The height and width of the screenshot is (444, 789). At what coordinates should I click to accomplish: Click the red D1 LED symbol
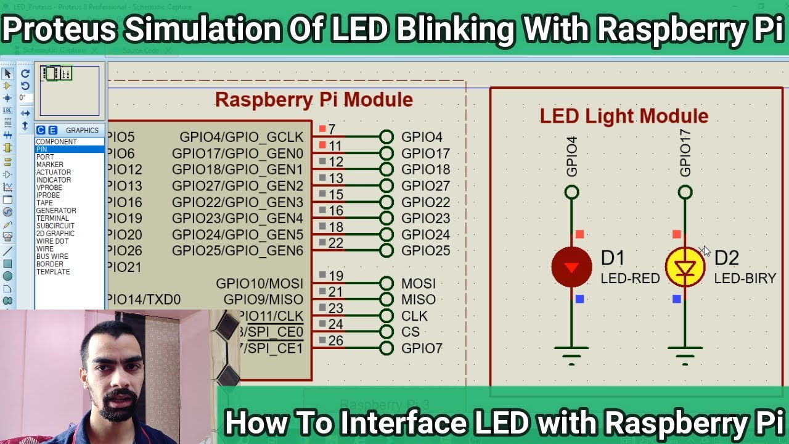571,267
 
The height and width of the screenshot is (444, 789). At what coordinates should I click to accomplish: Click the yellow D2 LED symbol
685,267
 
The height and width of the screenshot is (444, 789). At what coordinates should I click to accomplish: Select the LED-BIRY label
745,278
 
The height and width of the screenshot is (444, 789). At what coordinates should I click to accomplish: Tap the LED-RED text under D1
630,278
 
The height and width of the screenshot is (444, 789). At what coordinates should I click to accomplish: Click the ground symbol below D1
571,353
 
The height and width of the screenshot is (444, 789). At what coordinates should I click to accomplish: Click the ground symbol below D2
685,353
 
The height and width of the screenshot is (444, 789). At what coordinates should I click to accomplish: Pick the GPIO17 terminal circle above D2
685,193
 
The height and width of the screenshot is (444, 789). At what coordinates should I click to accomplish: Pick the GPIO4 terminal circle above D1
571,193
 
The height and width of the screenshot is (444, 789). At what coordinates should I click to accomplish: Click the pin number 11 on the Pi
335,146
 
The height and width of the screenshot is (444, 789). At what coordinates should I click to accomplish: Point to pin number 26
335,340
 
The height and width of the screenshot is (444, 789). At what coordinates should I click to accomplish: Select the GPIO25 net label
425,251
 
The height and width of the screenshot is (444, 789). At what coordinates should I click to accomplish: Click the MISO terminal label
418,300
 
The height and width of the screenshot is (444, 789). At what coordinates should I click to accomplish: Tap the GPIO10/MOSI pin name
260,284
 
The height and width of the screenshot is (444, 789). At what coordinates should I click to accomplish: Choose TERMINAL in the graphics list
52,218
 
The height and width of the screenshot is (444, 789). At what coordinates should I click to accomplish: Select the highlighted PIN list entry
42,149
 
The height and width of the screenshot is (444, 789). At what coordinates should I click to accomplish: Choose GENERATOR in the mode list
56,210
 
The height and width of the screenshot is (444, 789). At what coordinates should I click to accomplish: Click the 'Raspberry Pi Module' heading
314,100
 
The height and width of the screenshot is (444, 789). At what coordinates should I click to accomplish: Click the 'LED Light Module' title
624,116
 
